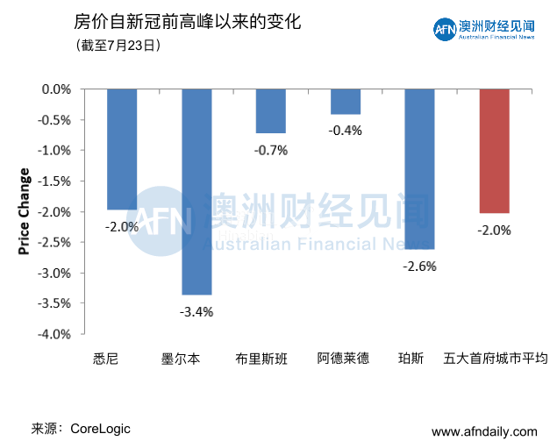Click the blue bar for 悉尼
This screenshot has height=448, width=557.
click(122, 149)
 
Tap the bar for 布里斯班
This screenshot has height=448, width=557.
click(271, 110)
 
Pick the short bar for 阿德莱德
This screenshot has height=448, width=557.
click(345, 102)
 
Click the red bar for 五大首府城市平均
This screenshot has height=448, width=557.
click(494, 151)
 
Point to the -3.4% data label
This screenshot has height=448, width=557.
click(196, 311)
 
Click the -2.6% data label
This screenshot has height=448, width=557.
click(419, 266)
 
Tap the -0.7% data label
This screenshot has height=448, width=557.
click(271, 150)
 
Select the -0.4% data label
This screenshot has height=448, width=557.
click(345, 131)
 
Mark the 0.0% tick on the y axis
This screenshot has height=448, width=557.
click(56, 89)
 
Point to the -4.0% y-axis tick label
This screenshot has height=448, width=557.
click(54, 334)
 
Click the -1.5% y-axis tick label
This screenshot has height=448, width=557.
click(54, 181)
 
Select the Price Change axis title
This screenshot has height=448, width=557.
click(24, 211)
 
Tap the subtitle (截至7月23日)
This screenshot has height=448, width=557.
click(118, 45)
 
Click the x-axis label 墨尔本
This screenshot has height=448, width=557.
click(181, 359)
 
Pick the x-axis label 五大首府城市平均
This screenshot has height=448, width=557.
click(494, 359)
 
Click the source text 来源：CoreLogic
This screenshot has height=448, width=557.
click(81, 429)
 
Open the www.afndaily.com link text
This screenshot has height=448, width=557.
click(484, 431)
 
